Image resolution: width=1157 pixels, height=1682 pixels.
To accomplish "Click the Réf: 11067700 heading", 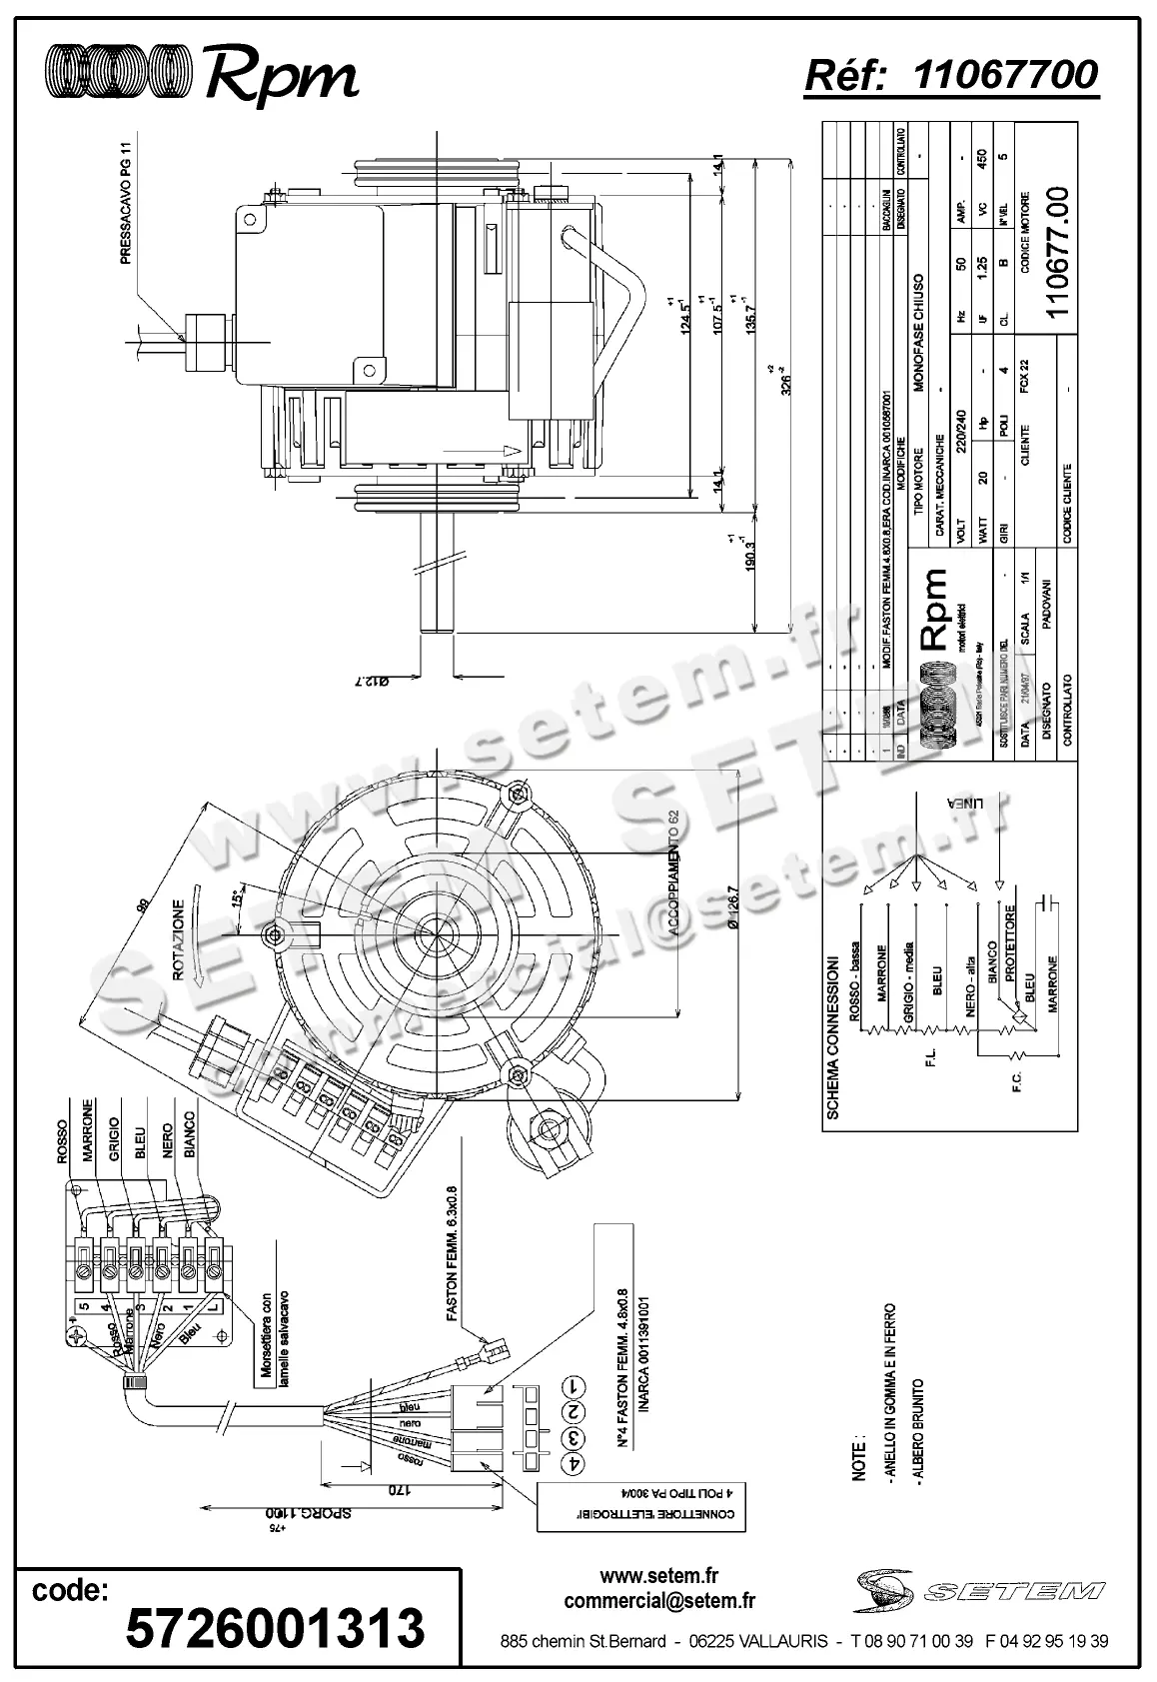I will pyautogui.click(x=951, y=75).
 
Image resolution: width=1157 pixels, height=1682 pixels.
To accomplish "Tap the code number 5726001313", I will pyautogui.click(x=275, y=1628).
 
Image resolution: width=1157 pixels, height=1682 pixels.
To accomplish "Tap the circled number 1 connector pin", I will pyautogui.click(x=574, y=1387).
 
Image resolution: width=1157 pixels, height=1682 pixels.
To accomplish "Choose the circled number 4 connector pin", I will pyautogui.click(x=574, y=1462).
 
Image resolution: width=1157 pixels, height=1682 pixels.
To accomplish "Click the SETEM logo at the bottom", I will pyautogui.click(x=979, y=1590).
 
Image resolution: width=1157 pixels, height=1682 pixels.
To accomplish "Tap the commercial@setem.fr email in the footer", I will pyautogui.click(x=659, y=1601).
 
